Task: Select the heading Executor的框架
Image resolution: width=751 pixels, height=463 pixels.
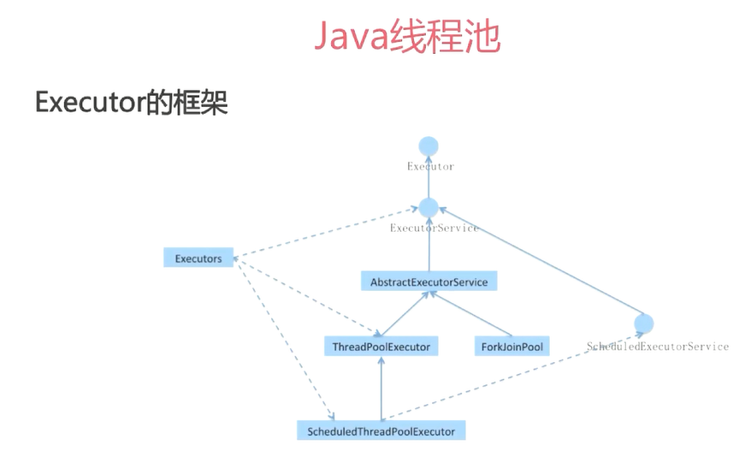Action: (131, 103)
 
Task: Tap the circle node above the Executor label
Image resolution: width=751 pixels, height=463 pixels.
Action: (429, 146)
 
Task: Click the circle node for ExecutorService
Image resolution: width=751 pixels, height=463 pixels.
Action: (429, 207)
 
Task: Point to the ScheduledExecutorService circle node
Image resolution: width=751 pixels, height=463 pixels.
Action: (644, 324)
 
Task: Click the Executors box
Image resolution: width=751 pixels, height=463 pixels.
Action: (198, 258)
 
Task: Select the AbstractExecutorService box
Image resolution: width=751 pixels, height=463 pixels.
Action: (429, 282)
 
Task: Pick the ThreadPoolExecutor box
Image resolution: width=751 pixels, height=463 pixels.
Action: (381, 346)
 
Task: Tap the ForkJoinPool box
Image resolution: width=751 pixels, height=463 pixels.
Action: (512, 346)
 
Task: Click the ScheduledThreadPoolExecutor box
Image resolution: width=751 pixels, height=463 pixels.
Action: (381, 430)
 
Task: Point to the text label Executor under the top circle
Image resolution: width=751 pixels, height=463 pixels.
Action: (430, 166)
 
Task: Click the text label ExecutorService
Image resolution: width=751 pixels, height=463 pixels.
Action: (434, 229)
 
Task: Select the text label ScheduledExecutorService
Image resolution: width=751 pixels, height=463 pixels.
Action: (657, 347)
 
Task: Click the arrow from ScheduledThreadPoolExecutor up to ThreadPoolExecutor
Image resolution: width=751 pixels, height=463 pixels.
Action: (381, 389)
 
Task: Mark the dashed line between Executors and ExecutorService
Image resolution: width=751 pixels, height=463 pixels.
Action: (325, 231)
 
